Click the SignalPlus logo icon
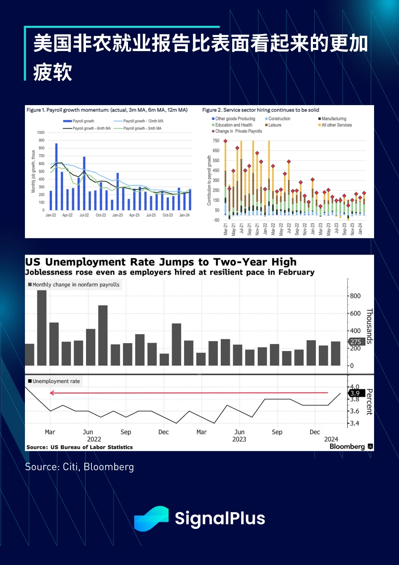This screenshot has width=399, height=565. point(151,518)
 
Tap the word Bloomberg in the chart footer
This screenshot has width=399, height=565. point(347,446)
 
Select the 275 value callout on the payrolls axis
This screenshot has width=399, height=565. point(356,341)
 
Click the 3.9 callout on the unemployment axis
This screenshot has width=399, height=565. point(355,393)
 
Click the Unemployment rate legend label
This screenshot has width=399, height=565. point(56,381)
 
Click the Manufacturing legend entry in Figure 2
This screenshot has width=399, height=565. point(334,119)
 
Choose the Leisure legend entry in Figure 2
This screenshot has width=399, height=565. point(275,125)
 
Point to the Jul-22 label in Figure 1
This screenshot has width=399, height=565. point(84,215)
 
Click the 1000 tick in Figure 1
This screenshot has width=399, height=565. point(41,133)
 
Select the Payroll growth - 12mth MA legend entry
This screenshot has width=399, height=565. point(143,121)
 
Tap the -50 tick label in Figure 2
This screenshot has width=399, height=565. point(216,220)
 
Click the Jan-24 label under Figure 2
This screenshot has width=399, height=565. point(360,229)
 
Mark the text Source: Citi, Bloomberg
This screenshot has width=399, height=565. point(79,467)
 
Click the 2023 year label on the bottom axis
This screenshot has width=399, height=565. point(239,439)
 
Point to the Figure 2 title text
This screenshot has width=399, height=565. point(261,110)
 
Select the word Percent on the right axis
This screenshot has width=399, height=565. point(369,402)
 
